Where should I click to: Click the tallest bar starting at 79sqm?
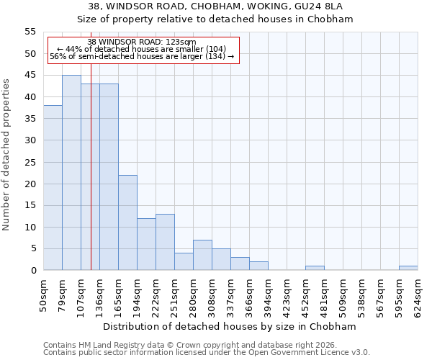(71, 173)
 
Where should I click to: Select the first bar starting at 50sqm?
(53, 188)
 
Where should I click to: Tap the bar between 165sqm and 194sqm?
(127, 222)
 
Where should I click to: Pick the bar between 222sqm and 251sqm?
(165, 242)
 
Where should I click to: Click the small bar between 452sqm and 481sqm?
(315, 268)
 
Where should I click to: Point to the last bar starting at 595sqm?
(408, 268)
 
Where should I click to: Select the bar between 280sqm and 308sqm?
(202, 255)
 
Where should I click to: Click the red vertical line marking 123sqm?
(91, 180)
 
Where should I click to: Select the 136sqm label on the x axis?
(99, 294)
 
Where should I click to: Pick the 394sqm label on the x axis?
(268, 294)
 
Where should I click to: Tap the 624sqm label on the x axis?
(418, 294)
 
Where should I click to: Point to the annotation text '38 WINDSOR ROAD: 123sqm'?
(141, 42)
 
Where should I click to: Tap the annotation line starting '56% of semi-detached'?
(142, 56)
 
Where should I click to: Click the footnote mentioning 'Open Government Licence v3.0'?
(207, 352)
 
